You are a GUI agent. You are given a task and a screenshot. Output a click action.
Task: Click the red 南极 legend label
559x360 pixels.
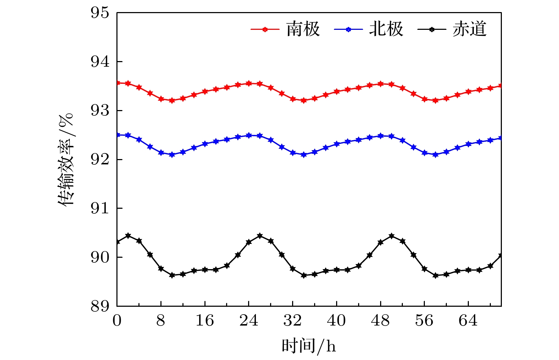[303, 29]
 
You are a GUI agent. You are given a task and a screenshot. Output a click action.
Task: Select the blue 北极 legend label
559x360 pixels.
[386, 29]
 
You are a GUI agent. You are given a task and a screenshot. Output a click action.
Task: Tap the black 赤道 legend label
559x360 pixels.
[469, 29]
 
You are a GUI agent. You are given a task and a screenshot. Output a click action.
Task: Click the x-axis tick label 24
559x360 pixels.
[249, 321]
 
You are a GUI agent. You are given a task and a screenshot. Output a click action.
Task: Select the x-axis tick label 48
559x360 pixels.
[380, 321]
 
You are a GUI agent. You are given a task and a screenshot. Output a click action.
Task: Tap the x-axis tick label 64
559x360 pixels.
[468, 321]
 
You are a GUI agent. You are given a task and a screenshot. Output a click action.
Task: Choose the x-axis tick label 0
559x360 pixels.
[117, 321]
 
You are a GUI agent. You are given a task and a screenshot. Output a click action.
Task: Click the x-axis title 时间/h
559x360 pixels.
[309, 345]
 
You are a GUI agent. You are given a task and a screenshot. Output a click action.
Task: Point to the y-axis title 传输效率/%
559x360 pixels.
[65, 159]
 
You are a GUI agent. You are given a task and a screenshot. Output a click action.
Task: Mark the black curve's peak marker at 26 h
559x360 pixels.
[260, 236]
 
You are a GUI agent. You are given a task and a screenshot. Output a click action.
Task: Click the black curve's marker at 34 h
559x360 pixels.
[303, 275]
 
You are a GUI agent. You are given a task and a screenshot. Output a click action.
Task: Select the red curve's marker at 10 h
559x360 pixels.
[172, 100]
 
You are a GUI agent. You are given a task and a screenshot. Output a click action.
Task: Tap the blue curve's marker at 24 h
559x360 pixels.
[249, 135]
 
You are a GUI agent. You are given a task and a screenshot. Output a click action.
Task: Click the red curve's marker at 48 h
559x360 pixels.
[380, 84]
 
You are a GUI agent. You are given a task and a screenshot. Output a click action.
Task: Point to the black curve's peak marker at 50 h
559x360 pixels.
[391, 236]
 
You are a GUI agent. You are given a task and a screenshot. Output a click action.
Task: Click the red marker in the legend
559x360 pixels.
[265, 29]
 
